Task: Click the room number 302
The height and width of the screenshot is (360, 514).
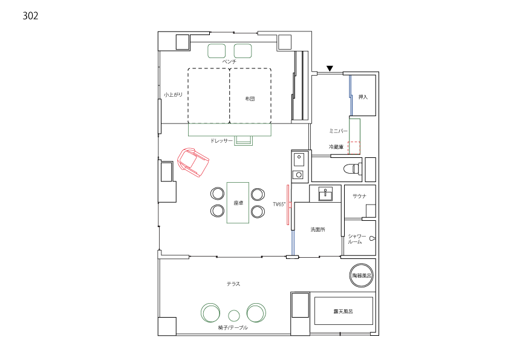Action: (30, 16)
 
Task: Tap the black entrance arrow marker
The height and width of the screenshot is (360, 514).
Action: (330, 68)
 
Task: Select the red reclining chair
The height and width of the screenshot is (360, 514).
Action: (193, 162)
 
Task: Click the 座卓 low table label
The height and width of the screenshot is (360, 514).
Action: (238, 203)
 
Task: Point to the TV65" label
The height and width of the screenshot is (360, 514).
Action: (279, 205)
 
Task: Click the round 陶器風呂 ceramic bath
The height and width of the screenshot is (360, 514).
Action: (362, 275)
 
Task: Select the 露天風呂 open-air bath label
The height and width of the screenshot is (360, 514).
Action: (343, 311)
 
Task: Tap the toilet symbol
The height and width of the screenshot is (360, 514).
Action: (352, 169)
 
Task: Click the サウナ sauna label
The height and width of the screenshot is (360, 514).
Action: (359, 196)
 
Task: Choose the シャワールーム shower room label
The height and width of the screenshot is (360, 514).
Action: (357, 238)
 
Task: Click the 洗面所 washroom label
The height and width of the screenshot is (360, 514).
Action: (317, 229)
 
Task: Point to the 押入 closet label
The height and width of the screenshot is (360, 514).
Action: (363, 97)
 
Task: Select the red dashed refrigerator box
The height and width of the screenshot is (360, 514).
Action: (354, 148)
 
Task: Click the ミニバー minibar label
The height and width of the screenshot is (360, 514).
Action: (338, 131)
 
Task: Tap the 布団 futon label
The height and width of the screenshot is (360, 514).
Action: (250, 99)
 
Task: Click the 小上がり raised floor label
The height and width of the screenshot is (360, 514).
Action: (173, 95)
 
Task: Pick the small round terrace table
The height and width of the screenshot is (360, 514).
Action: (234, 316)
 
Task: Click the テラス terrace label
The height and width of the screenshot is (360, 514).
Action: (233, 284)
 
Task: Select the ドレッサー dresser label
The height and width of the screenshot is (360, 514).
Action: (221, 140)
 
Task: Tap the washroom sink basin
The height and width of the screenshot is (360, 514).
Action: (325, 194)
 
